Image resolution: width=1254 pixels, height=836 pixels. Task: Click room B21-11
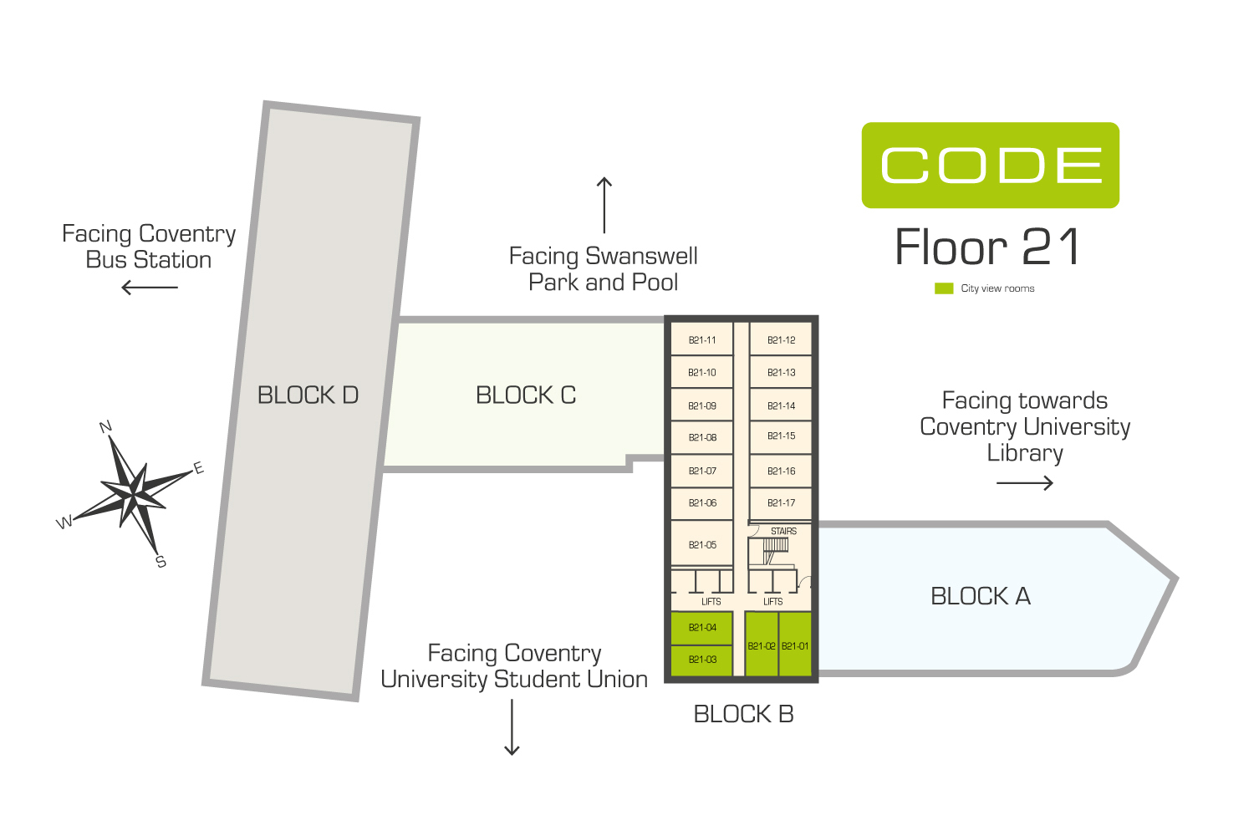pos(701,339)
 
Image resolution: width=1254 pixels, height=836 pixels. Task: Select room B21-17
pos(781,502)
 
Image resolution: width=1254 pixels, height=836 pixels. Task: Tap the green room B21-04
pos(701,628)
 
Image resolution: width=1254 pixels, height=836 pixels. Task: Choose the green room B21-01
pos(795,645)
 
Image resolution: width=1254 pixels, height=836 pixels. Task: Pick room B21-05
pos(701,543)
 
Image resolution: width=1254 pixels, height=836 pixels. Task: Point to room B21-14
pos(781,405)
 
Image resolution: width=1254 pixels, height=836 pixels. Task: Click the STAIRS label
pos(783,531)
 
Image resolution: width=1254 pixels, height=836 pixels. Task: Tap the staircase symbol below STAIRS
pos(775,550)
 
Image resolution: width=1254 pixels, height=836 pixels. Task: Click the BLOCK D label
pos(308,395)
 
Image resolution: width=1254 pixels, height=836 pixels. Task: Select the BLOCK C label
pos(526,395)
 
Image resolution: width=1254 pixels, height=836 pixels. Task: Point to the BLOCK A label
pos(981,596)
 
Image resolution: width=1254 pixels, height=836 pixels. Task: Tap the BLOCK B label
pos(743,714)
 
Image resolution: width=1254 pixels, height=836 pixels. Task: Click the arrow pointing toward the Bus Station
pos(150,288)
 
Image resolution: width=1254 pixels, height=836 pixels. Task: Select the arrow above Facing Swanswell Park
pos(604,205)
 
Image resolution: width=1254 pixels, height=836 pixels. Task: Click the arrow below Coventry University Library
pos(1025,482)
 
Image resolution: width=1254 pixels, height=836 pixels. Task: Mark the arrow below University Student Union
pos(512,727)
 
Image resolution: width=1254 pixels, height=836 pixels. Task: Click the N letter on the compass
pos(105,426)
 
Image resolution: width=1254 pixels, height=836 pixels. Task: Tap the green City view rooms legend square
pos(944,288)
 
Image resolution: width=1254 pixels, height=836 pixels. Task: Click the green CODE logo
pos(991,166)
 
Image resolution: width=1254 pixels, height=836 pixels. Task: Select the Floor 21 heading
pos(987,247)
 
